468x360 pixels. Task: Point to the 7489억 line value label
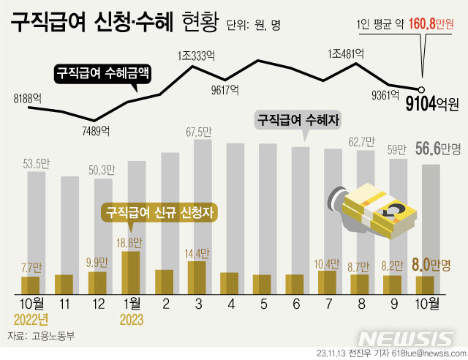coord(94,131)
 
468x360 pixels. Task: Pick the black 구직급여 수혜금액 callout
coord(102,73)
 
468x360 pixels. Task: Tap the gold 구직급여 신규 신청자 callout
coord(162,213)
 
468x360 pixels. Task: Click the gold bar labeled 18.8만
coord(129,271)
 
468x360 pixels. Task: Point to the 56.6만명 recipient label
coord(437,149)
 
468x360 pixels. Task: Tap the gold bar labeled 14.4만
coord(196,276)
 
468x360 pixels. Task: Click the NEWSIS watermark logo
coord(406,339)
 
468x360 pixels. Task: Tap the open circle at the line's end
coord(421,90)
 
